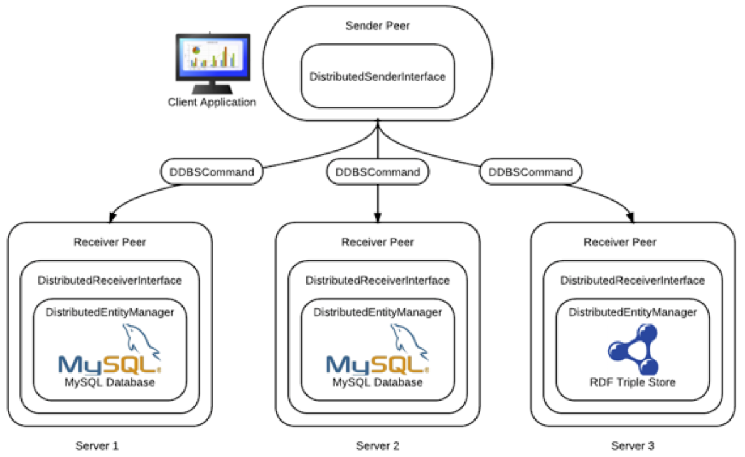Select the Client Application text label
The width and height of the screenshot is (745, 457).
212,102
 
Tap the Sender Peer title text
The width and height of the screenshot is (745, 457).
378,26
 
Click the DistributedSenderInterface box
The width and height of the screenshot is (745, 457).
377,76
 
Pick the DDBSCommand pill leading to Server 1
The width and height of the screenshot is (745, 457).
211,172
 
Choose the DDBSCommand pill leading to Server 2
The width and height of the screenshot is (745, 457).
378,172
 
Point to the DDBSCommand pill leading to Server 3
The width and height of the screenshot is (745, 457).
530,172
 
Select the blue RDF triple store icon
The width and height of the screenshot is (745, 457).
633,350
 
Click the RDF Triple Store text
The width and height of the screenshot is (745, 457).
633,382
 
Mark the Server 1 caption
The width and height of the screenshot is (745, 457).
97,446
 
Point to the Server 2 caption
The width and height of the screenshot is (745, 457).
378,446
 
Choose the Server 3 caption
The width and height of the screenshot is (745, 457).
633,446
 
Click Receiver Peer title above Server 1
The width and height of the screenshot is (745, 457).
110,242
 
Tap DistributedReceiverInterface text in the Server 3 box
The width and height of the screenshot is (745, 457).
633,280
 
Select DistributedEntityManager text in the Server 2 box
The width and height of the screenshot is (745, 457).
378,312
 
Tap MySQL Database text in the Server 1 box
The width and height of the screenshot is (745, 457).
110,382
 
